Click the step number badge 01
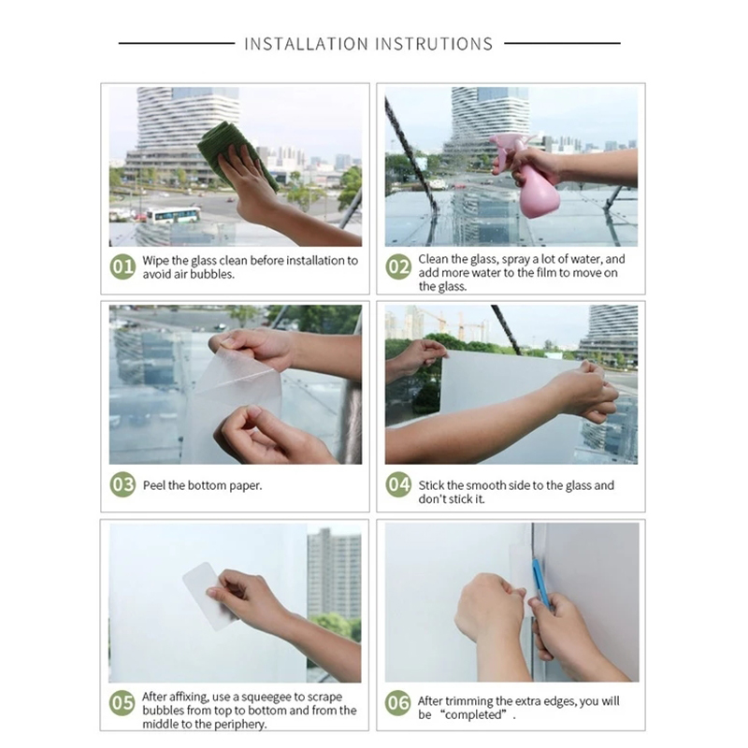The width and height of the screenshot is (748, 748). coord(123,267)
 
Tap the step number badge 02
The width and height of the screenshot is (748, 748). coord(399,267)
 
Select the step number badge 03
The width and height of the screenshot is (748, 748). coord(123,485)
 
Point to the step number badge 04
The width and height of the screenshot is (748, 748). coord(399,485)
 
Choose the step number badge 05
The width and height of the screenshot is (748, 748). coord(122,703)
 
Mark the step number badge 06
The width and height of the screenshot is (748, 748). coord(399,703)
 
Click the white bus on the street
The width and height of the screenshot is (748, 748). coord(174,215)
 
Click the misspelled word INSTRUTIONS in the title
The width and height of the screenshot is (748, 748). coord(434,44)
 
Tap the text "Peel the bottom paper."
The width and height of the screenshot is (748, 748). coord(202,485)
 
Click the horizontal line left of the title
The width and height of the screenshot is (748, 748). coord(176,43)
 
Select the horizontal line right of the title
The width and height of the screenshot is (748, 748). coord(562,43)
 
